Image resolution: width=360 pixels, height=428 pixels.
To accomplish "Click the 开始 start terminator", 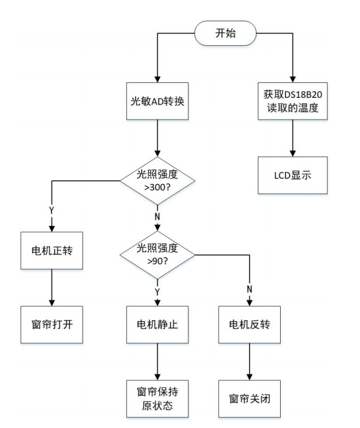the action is pos(226,33).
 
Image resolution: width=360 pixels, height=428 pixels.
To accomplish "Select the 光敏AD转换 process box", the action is pos(157,101).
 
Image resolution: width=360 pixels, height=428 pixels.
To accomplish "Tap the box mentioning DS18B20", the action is pos(292,101).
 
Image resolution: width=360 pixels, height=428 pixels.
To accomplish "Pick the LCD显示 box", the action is pos(292,175).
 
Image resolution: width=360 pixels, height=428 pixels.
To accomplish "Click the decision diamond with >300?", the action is pos(157,181).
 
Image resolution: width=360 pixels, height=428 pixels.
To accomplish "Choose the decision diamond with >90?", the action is pos(157,255).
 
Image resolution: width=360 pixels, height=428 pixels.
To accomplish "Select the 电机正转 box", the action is pos(51,251).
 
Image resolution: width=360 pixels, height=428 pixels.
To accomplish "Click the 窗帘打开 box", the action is pos(51,325).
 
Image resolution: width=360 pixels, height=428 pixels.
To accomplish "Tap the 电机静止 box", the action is pos(157,325).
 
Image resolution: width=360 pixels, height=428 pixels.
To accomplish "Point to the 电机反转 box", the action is pos(249,325).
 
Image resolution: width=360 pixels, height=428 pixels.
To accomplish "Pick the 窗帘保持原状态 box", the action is pos(157,398).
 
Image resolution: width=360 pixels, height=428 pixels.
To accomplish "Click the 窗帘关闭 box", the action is pos(249,398).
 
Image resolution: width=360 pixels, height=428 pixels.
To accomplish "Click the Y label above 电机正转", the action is pos(51,210).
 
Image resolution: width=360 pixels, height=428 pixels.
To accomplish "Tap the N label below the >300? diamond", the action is pos(157,216).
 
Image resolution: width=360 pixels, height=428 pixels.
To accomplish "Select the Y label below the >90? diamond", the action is pos(157,292).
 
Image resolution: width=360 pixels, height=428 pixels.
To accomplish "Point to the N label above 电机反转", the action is pos(249,289).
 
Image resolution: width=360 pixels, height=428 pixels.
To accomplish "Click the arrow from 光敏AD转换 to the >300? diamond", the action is pos(157,138).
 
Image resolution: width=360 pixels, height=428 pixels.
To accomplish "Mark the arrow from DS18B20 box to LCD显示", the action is pos(292,138).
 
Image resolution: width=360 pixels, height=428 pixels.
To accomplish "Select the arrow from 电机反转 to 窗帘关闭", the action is pos(249,362).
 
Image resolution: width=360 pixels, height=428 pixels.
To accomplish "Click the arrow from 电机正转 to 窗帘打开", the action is pos(51,287).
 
